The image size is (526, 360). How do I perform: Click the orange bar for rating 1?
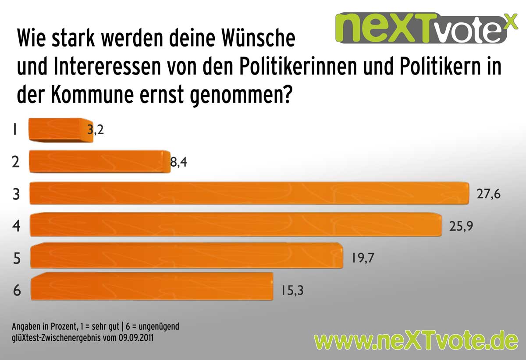point(60,131)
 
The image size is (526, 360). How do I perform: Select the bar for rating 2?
point(99,161)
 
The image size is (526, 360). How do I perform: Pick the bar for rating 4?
point(235,225)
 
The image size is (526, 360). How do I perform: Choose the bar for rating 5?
point(186,256)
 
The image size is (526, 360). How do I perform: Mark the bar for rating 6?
point(152,286)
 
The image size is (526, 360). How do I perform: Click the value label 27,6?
point(488,194)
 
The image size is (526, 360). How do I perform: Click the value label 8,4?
point(179,163)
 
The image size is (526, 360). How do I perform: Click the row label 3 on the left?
point(16,194)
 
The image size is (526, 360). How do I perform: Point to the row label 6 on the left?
point(17,290)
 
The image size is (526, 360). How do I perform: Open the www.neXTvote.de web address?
point(416,340)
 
